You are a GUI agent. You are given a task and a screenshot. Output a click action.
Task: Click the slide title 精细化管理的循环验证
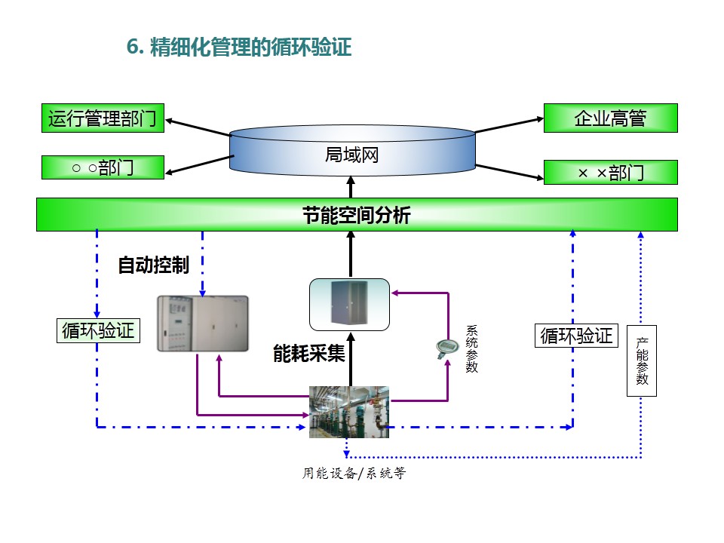pyautogui.click(x=251, y=48)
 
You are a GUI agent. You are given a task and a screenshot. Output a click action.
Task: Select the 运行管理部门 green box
pyautogui.click(x=103, y=118)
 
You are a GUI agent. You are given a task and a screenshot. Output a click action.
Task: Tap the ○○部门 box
pyautogui.click(x=103, y=167)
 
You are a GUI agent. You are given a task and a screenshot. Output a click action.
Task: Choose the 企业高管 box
pyautogui.click(x=610, y=118)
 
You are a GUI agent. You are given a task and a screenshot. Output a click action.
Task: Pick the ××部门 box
pyautogui.click(x=610, y=173)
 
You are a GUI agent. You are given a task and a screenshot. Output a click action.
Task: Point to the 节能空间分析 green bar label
pyautogui.click(x=357, y=215)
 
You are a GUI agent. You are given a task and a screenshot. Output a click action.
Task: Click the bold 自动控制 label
pyautogui.click(x=153, y=265)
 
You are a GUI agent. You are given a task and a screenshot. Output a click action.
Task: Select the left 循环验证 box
pyautogui.click(x=98, y=330)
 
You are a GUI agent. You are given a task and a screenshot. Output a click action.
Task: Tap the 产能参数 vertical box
pyautogui.click(x=642, y=360)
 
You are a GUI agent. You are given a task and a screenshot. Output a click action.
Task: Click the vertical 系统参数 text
pyautogui.click(x=472, y=348)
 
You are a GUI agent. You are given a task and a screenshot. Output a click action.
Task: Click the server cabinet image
pyautogui.click(x=350, y=303)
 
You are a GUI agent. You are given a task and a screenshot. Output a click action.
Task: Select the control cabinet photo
pyautogui.click(x=202, y=324)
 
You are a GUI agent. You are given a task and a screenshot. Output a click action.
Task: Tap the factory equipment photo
pyautogui.click(x=349, y=412)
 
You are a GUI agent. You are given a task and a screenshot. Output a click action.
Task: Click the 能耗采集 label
pyautogui.click(x=308, y=353)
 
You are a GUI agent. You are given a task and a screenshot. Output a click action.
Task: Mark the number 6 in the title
pyautogui.click(x=133, y=48)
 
